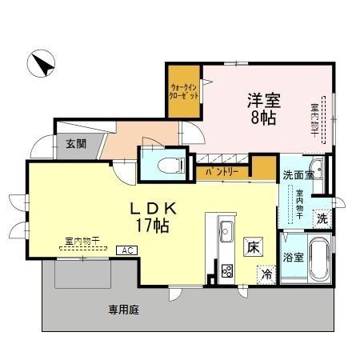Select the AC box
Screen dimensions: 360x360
coord(125,250)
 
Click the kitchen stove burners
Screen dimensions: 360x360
coord(226,270)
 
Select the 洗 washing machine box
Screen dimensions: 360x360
coord(322,216)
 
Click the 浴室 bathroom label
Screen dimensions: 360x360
coord(292,257)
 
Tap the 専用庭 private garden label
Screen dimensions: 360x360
coord(124,309)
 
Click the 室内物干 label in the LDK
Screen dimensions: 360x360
coord(81,239)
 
